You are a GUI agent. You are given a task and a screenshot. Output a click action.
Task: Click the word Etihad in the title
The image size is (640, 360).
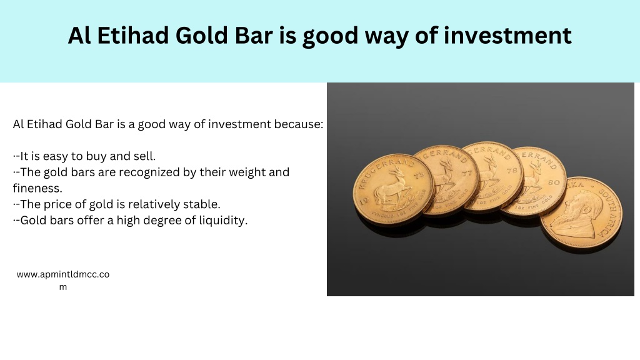coord(133,35)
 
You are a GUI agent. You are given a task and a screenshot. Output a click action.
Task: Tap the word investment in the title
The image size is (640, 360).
coord(507,35)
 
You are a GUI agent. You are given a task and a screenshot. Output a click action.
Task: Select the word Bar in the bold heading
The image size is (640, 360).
coord(254,35)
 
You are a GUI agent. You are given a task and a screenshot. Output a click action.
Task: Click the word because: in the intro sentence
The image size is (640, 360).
coord(298,124)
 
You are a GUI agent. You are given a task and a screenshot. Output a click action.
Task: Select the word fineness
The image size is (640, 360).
coord(37,188)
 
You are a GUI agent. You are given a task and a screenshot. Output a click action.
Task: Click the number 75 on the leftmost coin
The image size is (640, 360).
coord(419,176)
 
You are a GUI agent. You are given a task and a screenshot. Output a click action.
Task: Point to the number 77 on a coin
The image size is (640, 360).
coord(466,174)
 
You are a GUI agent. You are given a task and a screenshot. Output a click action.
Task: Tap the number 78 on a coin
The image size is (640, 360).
coord(512,171)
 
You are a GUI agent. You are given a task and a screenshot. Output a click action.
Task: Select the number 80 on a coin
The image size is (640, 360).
coord(554,182)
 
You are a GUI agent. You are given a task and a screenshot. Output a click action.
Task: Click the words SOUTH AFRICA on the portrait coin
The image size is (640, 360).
coord(607,212)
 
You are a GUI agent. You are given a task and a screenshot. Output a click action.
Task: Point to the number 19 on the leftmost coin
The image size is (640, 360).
coord(363,201)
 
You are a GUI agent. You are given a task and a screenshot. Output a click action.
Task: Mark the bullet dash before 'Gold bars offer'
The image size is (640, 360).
coord(16,221)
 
